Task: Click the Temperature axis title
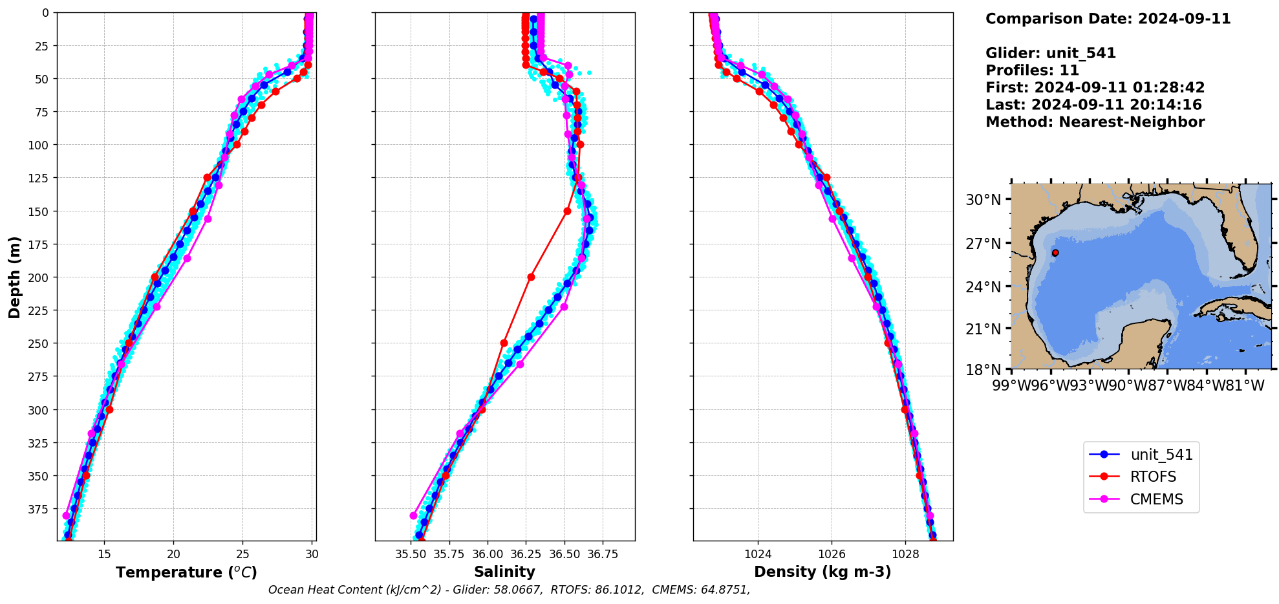(186, 572)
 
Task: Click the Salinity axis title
(504, 572)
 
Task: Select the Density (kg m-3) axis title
(822, 572)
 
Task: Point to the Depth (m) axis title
(14, 277)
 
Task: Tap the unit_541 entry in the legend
(1161, 455)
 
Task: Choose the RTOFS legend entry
(1153, 477)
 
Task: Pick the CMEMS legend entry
(1156, 500)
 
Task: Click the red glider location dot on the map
(1055, 253)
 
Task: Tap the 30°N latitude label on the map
(983, 200)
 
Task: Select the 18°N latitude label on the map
(983, 370)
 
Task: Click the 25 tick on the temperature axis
(242, 554)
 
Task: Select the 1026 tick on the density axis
(832, 554)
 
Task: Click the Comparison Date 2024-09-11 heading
(1108, 19)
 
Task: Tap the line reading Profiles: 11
(1032, 70)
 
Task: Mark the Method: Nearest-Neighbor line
(1095, 122)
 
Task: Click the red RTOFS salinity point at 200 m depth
(531, 277)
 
